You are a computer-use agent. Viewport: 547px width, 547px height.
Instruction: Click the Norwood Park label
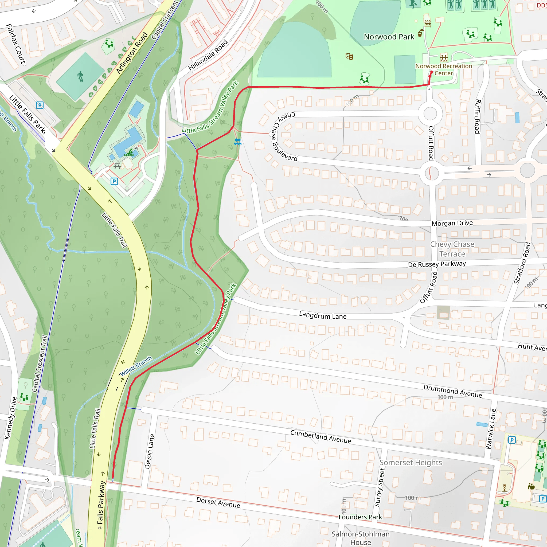click(x=389, y=37)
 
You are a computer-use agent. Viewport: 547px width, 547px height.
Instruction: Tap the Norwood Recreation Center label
click(x=444, y=70)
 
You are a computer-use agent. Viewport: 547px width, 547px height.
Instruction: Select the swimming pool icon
click(x=130, y=153)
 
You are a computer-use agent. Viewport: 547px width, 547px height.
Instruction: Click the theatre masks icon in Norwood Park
click(x=349, y=56)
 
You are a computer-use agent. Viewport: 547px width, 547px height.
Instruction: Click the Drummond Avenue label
click(x=452, y=391)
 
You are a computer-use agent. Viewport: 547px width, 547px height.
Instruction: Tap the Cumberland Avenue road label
click(x=321, y=437)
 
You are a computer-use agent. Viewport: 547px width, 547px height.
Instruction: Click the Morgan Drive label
click(x=452, y=223)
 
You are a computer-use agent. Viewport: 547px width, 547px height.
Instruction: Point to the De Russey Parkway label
click(x=437, y=264)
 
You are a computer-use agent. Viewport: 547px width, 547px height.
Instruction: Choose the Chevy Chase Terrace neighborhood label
click(x=452, y=249)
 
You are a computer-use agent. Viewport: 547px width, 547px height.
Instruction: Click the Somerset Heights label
click(x=411, y=463)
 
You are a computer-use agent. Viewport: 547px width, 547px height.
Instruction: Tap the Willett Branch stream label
click(x=136, y=366)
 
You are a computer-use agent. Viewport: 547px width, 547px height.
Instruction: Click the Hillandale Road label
click(x=208, y=55)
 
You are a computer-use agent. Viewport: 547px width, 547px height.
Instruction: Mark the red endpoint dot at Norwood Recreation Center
click(x=432, y=72)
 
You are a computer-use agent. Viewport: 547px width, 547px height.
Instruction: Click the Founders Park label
click(x=360, y=517)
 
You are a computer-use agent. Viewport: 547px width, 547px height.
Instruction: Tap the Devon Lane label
click(x=150, y=451)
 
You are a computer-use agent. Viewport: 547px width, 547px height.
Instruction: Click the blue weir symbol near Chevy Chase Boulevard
click(x=238, y=142)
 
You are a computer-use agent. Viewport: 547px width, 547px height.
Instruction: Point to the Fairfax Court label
click(x=16, y=44)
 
